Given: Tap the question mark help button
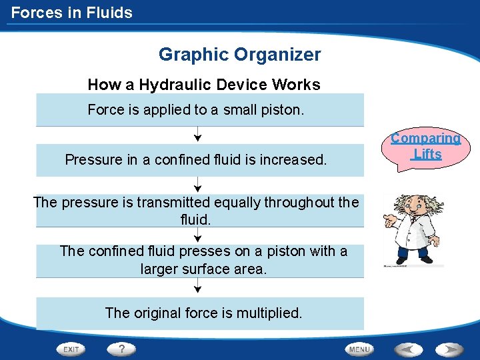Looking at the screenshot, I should (122, 349).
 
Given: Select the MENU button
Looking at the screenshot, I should (360, 349).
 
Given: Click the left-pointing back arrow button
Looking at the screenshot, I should (409, 349).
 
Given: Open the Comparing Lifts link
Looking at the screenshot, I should (425, 146).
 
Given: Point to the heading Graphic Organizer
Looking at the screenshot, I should (239, 55).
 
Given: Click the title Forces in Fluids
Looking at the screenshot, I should (72, 13).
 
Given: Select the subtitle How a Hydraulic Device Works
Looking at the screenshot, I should (204, 85).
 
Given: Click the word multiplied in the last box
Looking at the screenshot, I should (269, 313).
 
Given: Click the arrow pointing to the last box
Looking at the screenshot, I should (197, 287).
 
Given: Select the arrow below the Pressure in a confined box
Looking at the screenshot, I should (197, 185).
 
